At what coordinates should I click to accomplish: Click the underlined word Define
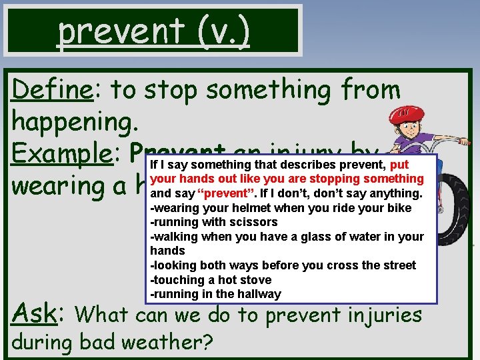point(52,89)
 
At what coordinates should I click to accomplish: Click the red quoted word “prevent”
point(217,194)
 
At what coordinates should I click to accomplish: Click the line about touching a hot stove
point(211,280)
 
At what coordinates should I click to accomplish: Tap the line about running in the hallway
point(216,295)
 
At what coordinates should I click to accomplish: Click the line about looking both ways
point(283,265)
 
